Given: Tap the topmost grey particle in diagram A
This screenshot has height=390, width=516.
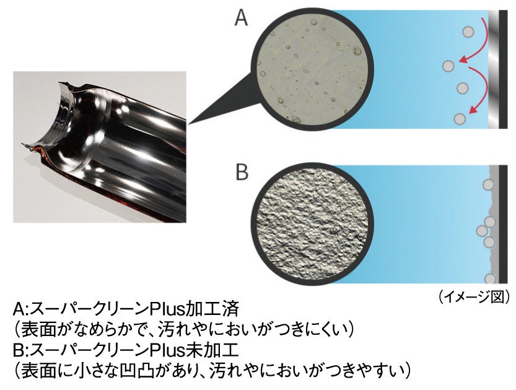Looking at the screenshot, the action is coord(469,31).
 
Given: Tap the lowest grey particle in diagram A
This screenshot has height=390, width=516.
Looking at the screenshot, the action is coord(459,118).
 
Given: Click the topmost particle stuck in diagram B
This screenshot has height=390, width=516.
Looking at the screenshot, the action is coord(488,185).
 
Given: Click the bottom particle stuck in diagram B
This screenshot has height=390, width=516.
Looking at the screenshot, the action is coord(491,279).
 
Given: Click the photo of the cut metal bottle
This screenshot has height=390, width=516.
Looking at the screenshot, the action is coord(100,148).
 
